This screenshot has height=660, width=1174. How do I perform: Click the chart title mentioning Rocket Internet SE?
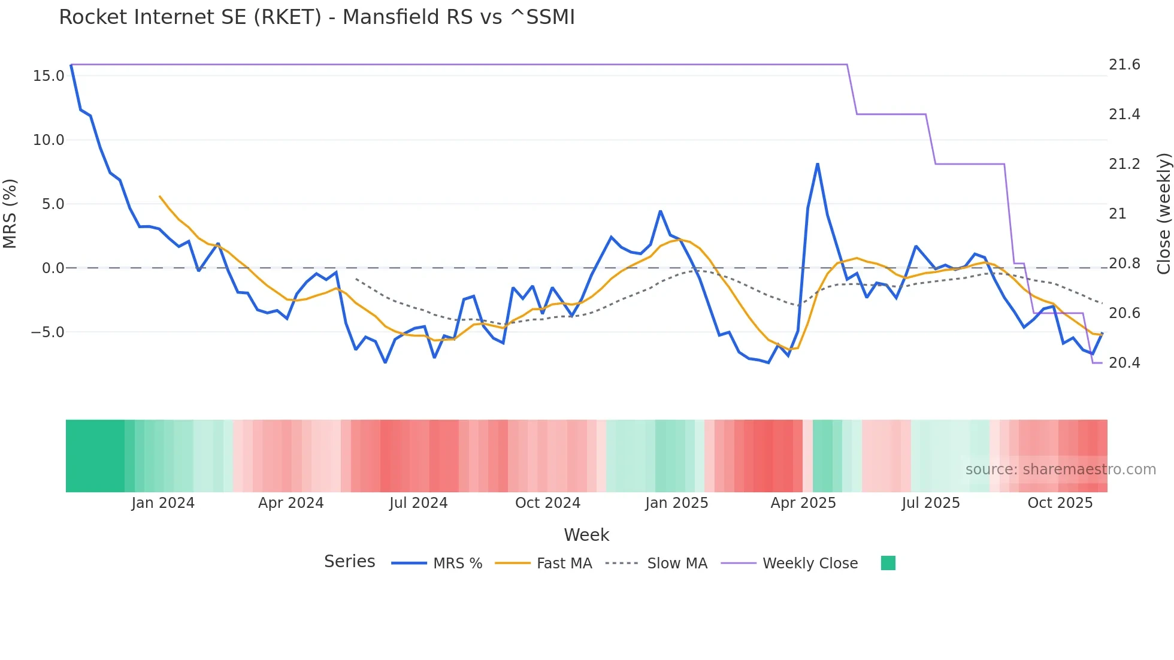[x=316, y=17]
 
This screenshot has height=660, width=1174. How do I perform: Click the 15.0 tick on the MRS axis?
[x=49, y=76]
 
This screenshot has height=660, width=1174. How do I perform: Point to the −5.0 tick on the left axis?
[x=47, y=332]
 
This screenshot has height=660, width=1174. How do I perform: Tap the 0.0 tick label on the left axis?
[x=53, y=268]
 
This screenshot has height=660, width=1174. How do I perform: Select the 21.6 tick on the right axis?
[x=1124, y=65]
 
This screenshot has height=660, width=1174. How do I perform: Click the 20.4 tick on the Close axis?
[x=1124, y=363]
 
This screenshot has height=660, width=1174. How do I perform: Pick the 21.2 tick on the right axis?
[x=1124, y=164]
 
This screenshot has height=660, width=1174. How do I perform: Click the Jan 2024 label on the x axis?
[x=163, y=503]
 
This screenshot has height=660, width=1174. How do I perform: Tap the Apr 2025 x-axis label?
[x=803, y=503]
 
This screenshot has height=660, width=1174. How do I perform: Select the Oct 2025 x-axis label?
[x=1060, y=503]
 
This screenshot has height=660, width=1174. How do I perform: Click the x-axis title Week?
[x=586, y=535]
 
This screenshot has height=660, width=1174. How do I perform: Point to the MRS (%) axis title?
[x=10, y=214]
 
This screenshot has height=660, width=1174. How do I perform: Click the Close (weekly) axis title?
[x=1163, y=214]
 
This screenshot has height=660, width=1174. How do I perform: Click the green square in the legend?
[x=888, y=563]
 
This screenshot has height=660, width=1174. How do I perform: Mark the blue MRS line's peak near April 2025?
[x=818, y=164]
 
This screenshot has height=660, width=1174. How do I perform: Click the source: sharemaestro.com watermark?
[x=1060, y=470]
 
